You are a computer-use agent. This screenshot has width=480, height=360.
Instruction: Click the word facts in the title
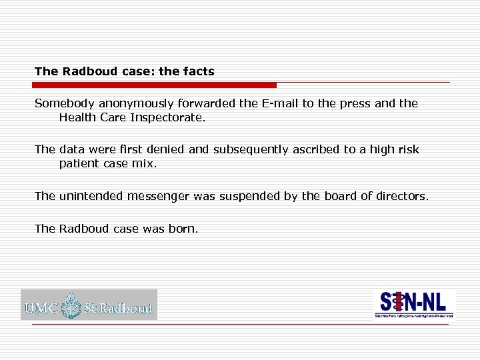click(x=199, y=71)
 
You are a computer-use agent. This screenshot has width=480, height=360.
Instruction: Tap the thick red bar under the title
click(x=155, y=85)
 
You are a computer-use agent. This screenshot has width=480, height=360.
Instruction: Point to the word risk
click(x=407, y=149)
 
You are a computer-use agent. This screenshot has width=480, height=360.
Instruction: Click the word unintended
click(x=91, y=195)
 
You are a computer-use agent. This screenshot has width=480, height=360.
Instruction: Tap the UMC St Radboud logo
click(x=89, y=305)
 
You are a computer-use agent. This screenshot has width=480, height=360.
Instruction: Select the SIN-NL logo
click(x=413, y=304)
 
